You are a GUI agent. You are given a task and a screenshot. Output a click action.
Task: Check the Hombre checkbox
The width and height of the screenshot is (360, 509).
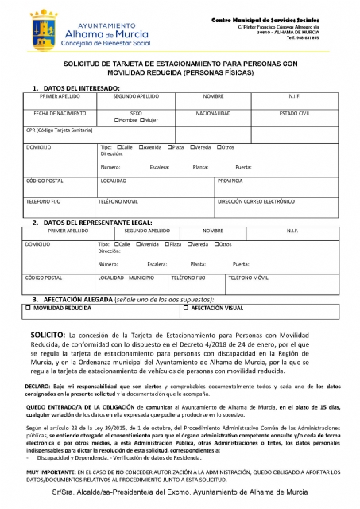[x=117, y=120]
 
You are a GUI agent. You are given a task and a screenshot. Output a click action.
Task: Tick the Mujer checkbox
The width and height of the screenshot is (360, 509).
[x=141, y=120]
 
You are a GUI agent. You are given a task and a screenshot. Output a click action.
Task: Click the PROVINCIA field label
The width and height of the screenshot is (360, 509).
[x=230, y=181]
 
